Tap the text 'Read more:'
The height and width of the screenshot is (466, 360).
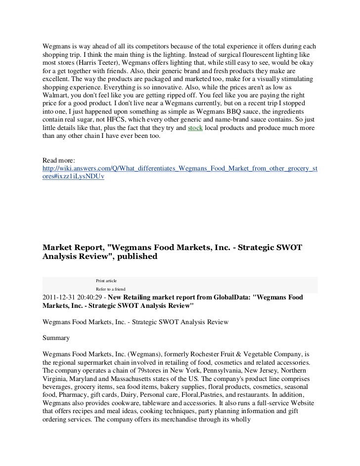[x=58, y=161]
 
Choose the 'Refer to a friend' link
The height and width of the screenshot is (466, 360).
[x=111, y=289]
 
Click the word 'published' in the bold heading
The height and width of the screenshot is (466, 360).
[x=132, y=256]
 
